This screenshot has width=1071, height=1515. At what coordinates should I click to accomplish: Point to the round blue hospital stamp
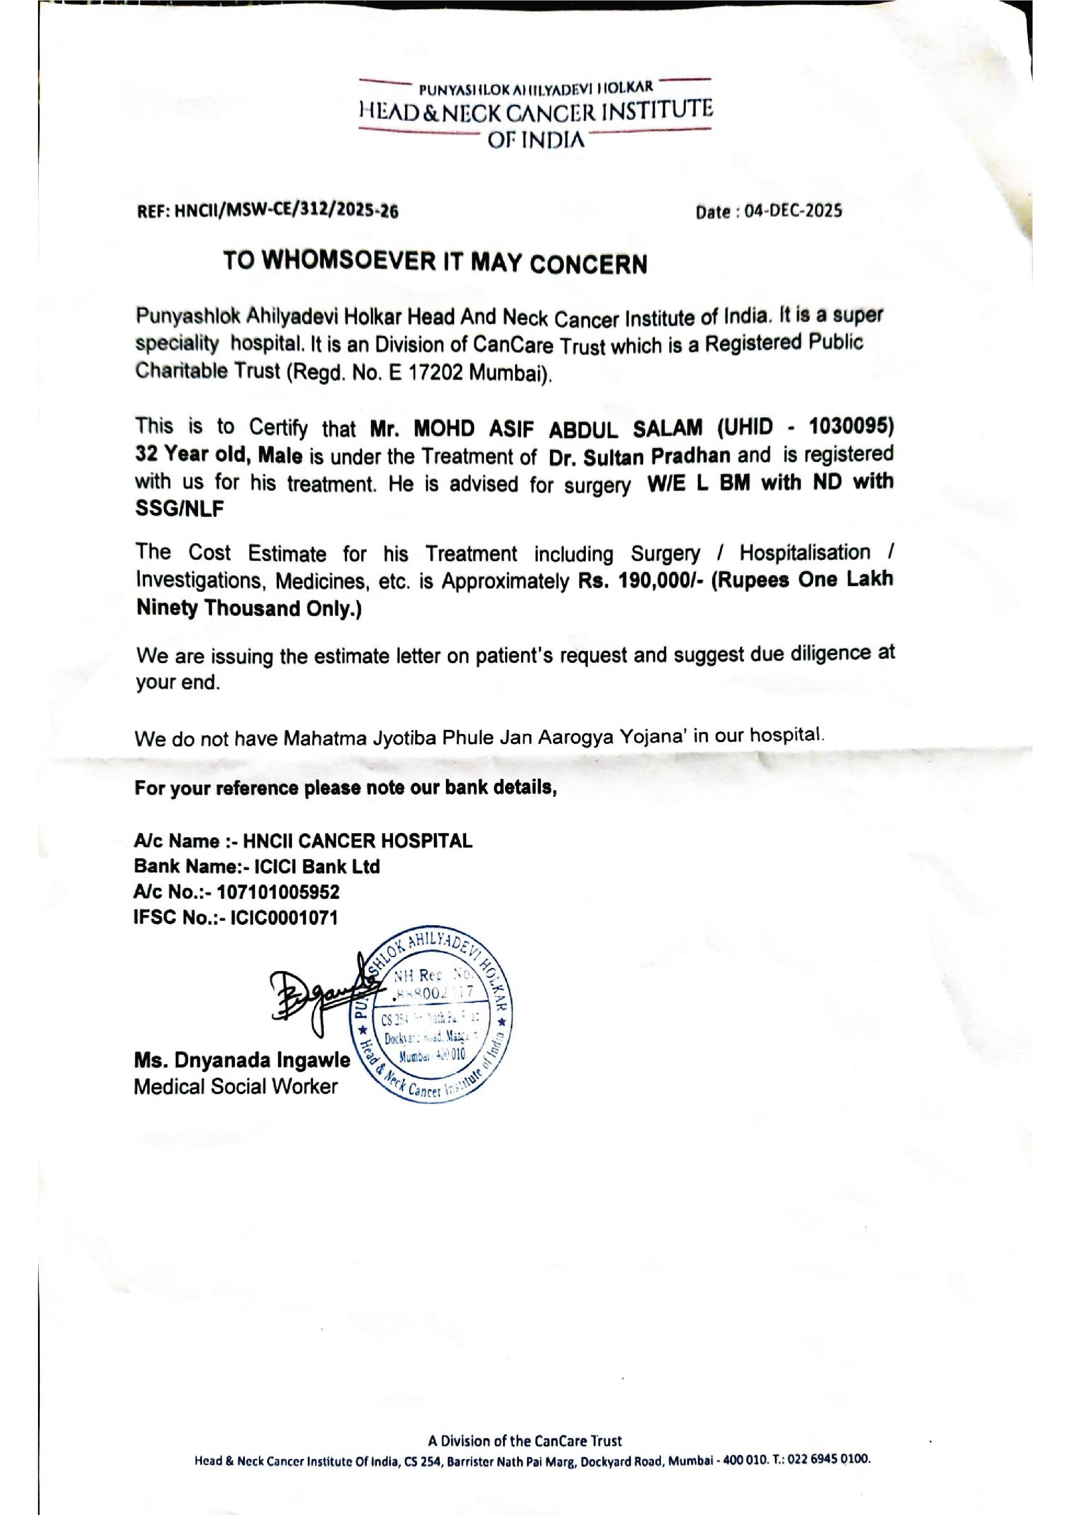pos(432,1019)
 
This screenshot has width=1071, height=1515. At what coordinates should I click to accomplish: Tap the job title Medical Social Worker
pos(236,1087)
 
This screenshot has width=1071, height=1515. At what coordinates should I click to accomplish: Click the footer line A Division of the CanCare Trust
pos(524,1440)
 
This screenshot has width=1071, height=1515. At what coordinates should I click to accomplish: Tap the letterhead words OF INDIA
pos(535,141)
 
